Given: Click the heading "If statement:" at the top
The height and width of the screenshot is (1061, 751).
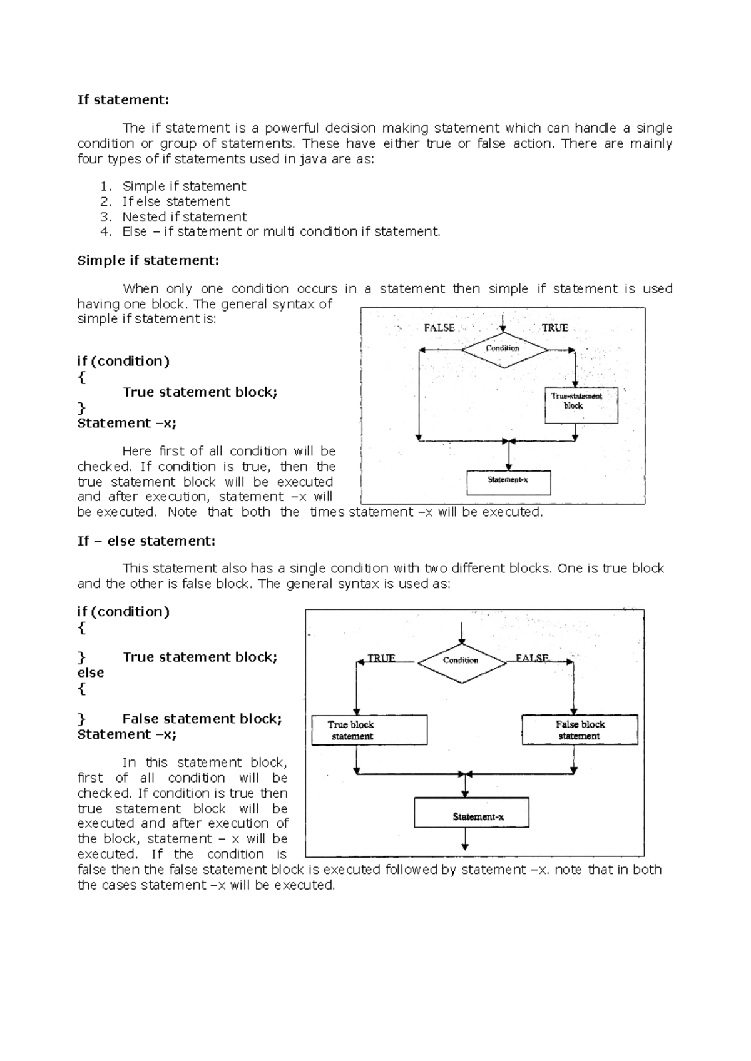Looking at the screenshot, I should tap(123, 100).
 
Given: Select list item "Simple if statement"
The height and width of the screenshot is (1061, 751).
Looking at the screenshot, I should tap(184, 186).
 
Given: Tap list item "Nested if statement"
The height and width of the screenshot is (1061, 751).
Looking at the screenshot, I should tap(185, 217).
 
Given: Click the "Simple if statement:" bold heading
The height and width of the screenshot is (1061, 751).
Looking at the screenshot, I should tap(148, 261).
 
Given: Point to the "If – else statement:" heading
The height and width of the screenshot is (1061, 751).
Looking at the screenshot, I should tap(146, 541).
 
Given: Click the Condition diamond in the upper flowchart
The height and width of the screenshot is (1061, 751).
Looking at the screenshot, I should tap(503, 348).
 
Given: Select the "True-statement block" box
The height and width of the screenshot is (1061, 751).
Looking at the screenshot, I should tap(581, 405).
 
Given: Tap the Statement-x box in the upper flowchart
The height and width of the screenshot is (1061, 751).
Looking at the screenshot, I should tap(509, 482).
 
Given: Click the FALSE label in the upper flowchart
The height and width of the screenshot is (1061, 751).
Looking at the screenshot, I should tap(439, 328).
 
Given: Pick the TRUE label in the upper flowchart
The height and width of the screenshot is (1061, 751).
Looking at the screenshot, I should tap(554, 328).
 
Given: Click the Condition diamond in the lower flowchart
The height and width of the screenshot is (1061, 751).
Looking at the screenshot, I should tap(461, 661).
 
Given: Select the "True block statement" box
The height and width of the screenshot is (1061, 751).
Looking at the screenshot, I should tap(369, 730).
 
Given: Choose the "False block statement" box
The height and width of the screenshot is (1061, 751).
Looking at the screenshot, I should tap(580, 730).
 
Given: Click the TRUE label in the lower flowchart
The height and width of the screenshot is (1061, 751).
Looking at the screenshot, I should tap(381, 658).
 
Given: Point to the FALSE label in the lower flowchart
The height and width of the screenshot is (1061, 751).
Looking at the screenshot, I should tap(532, 658).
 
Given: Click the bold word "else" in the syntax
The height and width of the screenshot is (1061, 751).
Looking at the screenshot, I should tap(91, 673).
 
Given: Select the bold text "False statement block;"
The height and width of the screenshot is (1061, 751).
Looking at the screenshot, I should tap(202, 719).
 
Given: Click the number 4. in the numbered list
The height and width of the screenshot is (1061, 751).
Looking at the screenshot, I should tap(106, 232).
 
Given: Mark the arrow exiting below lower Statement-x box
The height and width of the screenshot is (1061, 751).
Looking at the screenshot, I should tap(465, 840).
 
